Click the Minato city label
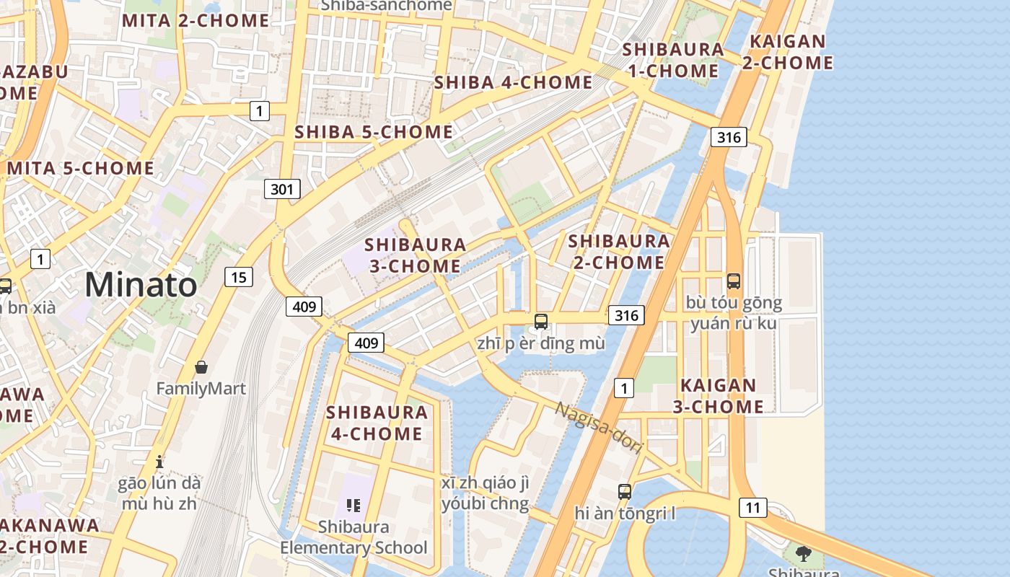[141, 285]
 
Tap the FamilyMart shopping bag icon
[201, 367]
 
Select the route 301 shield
[281, 190]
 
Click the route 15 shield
[239, 276]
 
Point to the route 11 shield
[752, 508]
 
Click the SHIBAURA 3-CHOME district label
[415, 255]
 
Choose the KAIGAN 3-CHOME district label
[718, 396]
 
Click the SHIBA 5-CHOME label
[374, 132]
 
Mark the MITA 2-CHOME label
[196, 21]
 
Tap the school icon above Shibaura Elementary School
[353, 505]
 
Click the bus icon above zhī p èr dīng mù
[540, 322]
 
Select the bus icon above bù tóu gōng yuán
[733, 281]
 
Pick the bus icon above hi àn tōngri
[624, 492]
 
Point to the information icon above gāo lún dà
[160, 461]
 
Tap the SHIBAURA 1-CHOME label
[673, 60]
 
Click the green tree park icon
[803, 554]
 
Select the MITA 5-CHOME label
[81, 168]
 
